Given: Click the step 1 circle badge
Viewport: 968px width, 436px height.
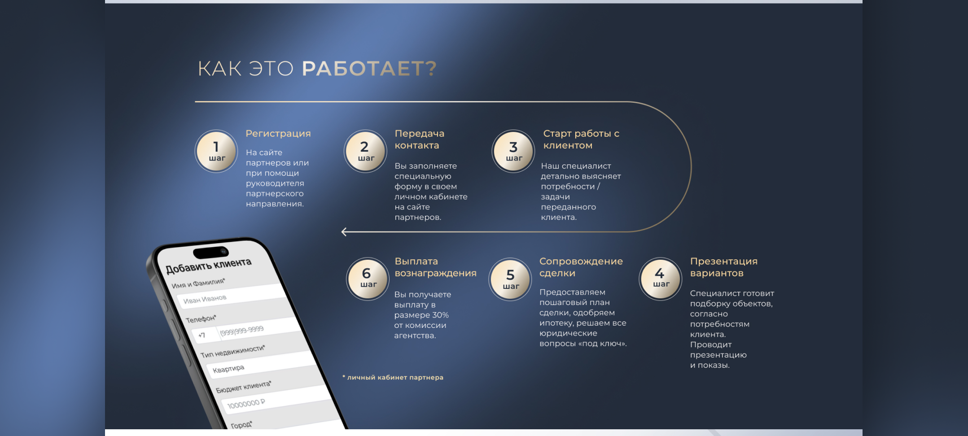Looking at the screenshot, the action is pyautogui.click(x=216, y=151).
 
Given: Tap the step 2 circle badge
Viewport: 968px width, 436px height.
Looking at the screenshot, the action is pyautogui.click(x=365, y=151).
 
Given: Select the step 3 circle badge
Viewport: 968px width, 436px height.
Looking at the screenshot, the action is pyautogui.click(x=513, y=151).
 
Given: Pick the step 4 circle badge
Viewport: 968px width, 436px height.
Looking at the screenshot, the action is pyautogui.click(x=660, y=279).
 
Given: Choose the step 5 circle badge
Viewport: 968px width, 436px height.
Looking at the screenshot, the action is pyautogui.click(x=510, y=279).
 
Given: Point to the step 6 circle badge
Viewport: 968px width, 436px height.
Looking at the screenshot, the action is pyautogui.click(x=368, y=279).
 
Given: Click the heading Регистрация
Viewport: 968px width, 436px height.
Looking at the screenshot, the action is pyautogui.click(x=278, y=134).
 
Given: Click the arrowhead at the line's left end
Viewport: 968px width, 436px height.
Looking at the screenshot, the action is pyautogui.click(x=344, y=232).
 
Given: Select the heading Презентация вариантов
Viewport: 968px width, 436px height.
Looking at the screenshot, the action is pyautogui.click(x=723, y=267).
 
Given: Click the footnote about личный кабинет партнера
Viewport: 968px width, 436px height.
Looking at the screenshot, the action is pyautogui.click(x=393, y=377).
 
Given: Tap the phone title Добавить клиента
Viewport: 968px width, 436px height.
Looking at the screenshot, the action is pyautogui.click(x=209, y=266).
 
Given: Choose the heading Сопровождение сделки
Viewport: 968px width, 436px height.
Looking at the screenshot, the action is pyautogui.click(x=581, y=267).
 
